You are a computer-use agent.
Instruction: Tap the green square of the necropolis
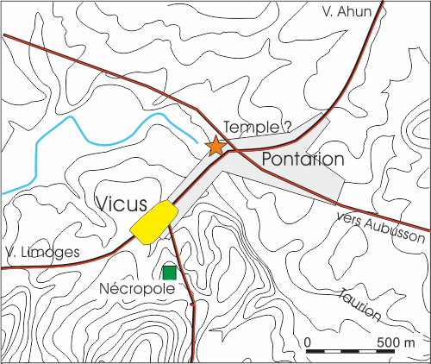pyautogui.click(x=169, y=273)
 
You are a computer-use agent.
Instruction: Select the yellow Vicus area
pyautogui.click(x=154, y=221)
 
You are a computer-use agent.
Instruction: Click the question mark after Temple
pyautogui.click(x=288, y=127)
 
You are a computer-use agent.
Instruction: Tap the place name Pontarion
pyautogui.click(x=302, y=160)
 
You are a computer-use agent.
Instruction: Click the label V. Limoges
pyautogui.click(x=41, y=253)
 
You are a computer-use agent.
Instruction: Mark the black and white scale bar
pyautogui.click(x=353, y=351)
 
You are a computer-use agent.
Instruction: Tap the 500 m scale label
pyautogui.click(x=396, y=342)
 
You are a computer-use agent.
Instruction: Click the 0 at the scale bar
pyautogui.click(x=309, y=342)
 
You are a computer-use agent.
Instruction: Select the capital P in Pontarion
pyautogui.click(x=265, y=160)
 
